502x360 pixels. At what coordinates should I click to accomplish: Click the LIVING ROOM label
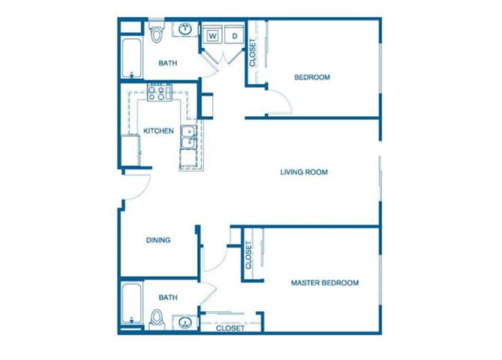(303, 172)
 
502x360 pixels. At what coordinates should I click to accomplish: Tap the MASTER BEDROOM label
(324, 283)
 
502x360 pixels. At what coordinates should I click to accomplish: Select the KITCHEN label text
(158, 130)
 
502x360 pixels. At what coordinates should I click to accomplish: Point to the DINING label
(157, 241)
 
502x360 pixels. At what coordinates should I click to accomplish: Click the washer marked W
(212, 35)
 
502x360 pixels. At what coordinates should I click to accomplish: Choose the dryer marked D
(234, 35)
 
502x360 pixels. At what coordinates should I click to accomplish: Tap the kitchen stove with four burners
(160, 94)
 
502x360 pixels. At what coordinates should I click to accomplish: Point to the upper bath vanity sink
(184, 30)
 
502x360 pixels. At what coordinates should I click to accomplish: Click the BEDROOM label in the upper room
(312, 77)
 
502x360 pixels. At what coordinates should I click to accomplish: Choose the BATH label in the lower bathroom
(168, 298)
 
